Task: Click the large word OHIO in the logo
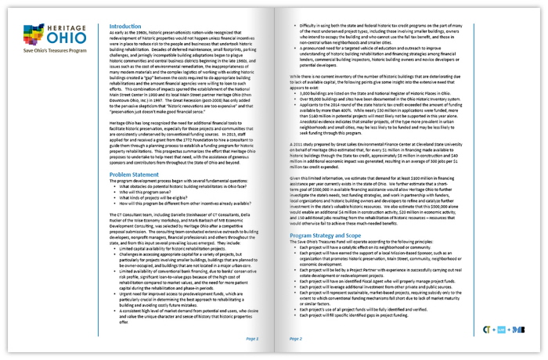click(x=63, y=38)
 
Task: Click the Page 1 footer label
click(x=252, y=339)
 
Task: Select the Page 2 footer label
click(x=296, y=339)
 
